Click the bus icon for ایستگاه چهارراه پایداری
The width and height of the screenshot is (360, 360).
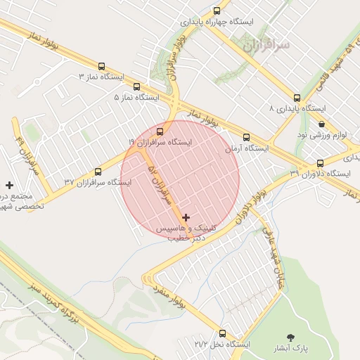217,11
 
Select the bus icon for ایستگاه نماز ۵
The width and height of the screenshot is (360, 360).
136,86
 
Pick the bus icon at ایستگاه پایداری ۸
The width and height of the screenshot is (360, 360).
297,98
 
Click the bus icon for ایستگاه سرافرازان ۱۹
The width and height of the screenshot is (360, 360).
160,131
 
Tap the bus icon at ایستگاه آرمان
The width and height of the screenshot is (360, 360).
246,138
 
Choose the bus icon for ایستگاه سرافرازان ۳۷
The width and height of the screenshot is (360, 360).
98,171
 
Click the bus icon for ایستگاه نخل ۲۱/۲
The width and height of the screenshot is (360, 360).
223,333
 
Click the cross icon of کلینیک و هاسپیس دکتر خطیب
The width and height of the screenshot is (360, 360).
186,218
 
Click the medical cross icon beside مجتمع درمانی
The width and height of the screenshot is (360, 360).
9,185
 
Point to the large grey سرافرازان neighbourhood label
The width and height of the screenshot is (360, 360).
266,45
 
